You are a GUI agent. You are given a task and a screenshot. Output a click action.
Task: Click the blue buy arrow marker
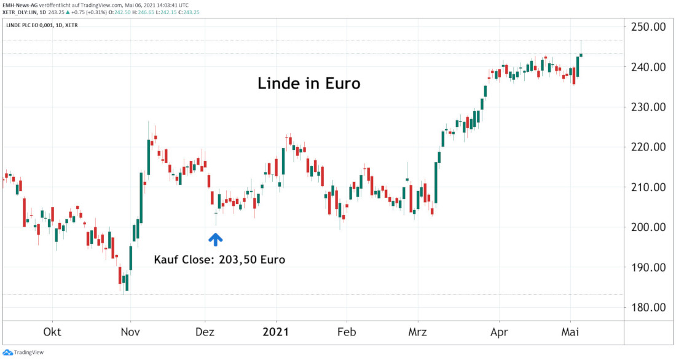215,238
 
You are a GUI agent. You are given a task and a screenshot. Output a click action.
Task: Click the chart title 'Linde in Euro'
308,84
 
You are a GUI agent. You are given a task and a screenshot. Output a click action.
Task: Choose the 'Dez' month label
205,332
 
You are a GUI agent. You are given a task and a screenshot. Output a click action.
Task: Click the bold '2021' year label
276,332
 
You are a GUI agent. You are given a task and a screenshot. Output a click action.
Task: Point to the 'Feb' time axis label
347,332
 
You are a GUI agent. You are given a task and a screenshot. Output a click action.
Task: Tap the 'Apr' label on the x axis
499,332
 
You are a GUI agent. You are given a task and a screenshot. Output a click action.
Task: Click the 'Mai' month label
571,332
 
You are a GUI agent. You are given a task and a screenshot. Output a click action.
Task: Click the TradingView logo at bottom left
24,352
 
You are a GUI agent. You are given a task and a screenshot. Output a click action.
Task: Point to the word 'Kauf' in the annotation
167,259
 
